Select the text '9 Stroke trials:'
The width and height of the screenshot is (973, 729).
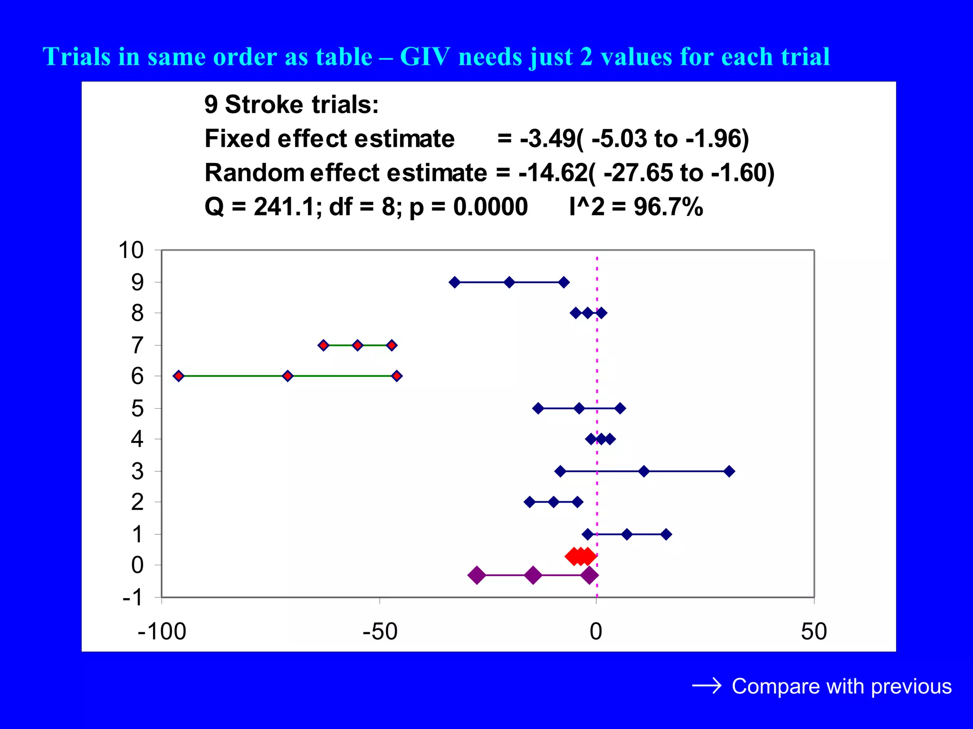(x=291, y=104)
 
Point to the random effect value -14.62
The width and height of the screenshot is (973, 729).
(x=553, y=173)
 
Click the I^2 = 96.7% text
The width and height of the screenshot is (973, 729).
(x=636, y=207)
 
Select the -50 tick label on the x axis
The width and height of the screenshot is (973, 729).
(x=380, y=632)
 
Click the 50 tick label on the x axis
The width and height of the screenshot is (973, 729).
(x=814, y=632)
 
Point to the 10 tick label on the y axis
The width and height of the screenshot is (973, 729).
(x=131, y=250)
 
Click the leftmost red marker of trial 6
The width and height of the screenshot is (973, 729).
(x=179, y=376)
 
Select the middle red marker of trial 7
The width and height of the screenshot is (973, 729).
(x=358, y=345)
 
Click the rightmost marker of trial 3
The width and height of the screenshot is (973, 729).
(x=729, y=471)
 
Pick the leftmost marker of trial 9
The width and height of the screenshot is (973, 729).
(x=455, y=282)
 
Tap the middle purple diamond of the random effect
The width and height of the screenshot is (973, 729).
(x=533, y=575)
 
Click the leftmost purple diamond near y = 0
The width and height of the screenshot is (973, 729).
(x=477, y=575)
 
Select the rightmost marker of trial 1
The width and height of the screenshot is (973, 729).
(x=666, y=534)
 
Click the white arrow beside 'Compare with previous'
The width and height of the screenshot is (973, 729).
(x=706, y=686)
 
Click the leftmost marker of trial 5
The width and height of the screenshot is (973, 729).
(x=538, y=408)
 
